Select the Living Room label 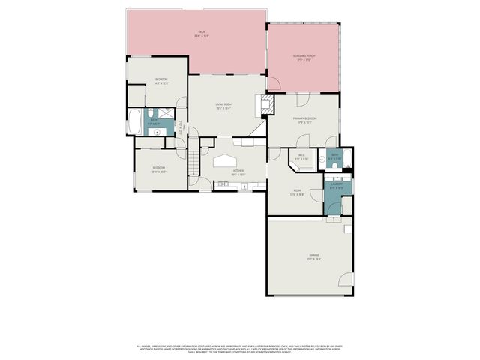tap(223, 106)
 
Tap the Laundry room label tap(337, 185)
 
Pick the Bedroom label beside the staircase tap(158, 169)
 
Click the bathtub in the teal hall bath tap(134, 122)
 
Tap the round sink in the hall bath tap(157, 131)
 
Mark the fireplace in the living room tap(265, 103)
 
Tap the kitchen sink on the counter tap(224, 184)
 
